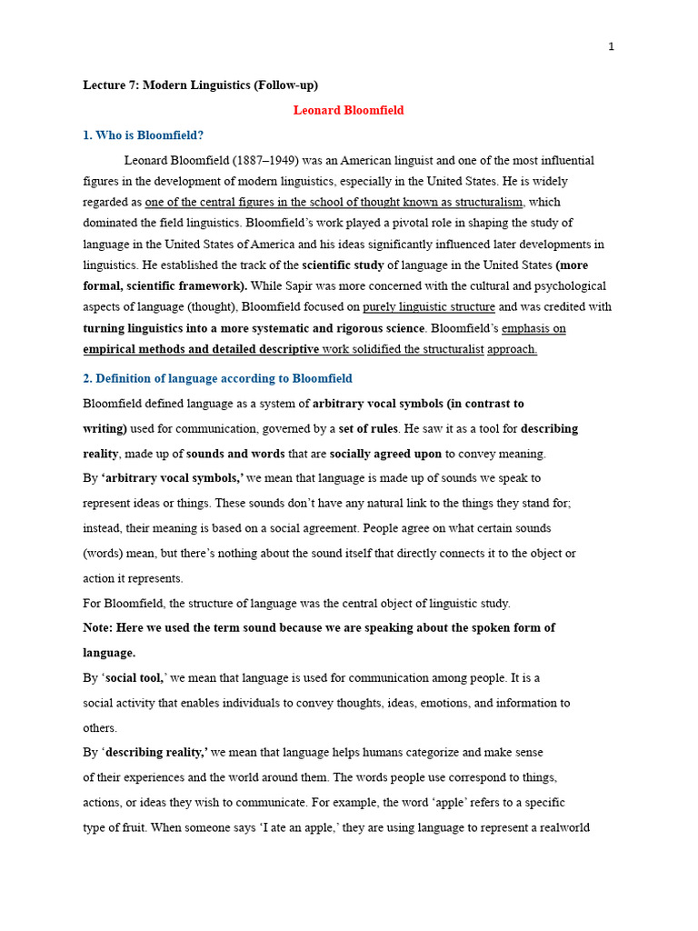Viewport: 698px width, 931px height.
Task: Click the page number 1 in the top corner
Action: pos(611,47)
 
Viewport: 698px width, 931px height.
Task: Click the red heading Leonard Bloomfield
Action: pos(348,110)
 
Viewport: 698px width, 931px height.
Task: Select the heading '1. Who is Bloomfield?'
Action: pos(143,135)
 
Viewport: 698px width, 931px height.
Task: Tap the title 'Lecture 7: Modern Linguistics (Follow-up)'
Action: pos(200,85)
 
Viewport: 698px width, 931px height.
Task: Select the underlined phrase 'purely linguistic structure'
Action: pos(428,307)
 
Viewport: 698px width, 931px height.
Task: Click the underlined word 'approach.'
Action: pos(512,349)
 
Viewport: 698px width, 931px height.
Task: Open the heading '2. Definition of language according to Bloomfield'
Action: pos(217,378)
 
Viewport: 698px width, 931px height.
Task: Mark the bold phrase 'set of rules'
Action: pos(368,429)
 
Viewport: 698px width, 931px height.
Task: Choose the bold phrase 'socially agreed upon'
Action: pos(385,454)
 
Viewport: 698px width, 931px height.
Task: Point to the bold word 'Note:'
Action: pos(100,628)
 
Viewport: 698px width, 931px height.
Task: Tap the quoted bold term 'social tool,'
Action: pos(135,678)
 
